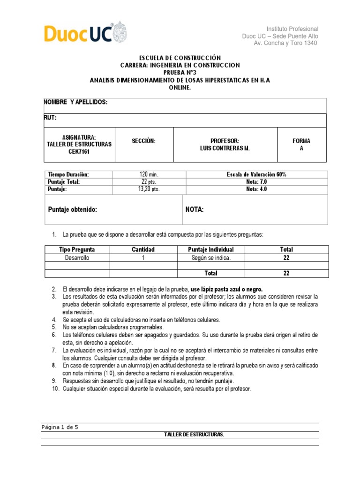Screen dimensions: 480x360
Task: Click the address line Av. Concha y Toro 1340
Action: [285, 43]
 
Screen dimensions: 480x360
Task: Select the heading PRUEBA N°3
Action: [180, 73]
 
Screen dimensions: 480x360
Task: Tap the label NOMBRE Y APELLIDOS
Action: [76, 102]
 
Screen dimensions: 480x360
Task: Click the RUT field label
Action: [50, 119]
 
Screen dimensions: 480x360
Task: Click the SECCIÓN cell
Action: [143, 141]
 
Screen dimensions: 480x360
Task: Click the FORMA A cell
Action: [301, 144]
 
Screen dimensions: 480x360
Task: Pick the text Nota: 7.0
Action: [256, 182]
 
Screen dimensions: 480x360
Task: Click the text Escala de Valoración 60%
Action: [256, 174]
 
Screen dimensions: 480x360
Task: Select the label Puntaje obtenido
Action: [73, 210]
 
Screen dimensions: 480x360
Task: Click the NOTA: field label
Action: [195, 210]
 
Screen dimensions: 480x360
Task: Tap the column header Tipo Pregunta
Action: [77, 249]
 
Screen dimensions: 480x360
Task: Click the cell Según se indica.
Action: [211, 257]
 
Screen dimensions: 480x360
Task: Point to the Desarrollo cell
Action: [77, 257]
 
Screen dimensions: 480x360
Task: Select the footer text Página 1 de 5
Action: [63, 427]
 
